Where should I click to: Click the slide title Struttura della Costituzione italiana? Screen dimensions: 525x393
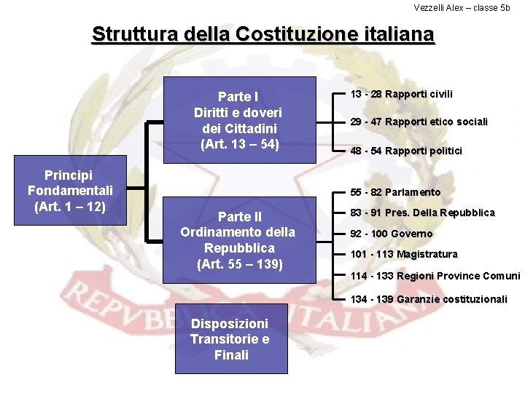(262, 34)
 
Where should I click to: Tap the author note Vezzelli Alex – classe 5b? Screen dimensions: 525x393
(462, 8)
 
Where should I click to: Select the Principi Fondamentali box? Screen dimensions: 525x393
(70, 191)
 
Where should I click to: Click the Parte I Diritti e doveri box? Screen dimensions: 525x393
(238, 119)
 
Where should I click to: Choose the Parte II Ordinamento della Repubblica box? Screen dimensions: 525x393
(238, 239)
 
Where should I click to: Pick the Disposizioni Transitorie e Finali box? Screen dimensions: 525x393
(230, 338)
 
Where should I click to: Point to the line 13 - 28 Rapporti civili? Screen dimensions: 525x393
(401, 94)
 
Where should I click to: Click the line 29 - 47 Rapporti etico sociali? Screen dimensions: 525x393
(419, 122)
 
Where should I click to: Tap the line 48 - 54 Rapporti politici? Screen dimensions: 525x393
(406, 151)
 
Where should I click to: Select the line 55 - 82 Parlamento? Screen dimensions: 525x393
(395, 192)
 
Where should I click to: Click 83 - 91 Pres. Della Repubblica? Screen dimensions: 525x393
(422, 213)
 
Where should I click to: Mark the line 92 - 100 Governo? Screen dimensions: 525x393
(391, 234)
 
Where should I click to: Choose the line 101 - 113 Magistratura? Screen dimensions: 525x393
(404, 254)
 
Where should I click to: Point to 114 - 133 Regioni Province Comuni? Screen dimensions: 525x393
(435, 276)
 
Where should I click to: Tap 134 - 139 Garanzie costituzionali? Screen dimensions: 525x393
(429, 299)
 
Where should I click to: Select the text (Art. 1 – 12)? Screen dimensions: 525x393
(70, 206)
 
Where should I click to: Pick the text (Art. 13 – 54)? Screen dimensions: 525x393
(238, 143)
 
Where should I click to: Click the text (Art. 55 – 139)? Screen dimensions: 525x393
(238, 263)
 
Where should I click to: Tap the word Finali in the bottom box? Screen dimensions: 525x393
(231, 355)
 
